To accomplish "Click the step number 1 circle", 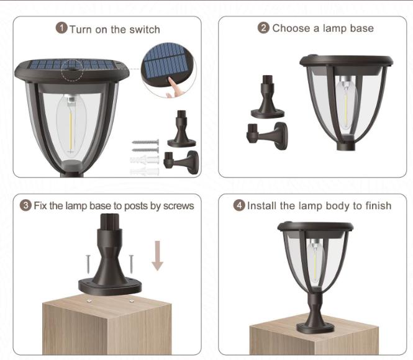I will [x=61, y=29].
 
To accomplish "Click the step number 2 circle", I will [x=263, y=28].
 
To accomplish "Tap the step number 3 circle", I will [x=26, y=205].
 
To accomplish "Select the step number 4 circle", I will [x=239, y=205].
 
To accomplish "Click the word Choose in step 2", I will [x=290, y=28].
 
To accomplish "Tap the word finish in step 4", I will [x=377, y=205].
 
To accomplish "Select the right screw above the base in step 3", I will [x=131, y=262].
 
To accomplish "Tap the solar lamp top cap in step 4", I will [x=314, y=226].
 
